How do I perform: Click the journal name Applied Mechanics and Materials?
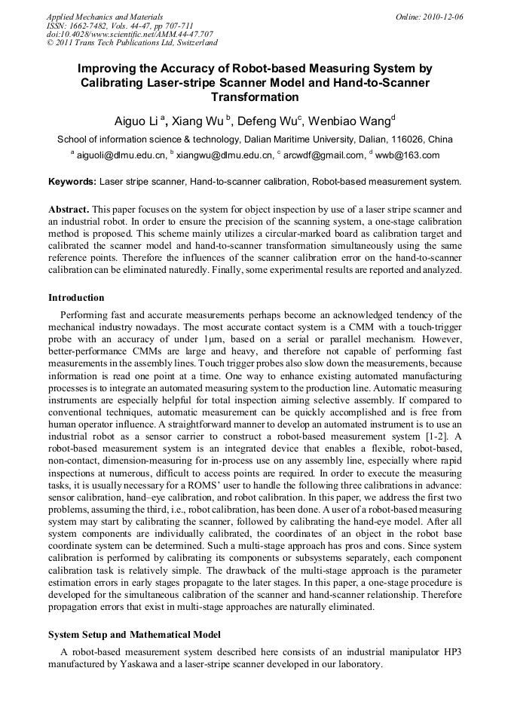[105, 16]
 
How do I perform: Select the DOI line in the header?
[130, 34]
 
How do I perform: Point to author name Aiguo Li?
[136, 121]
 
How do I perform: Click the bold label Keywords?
[72, 182]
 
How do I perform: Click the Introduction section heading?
[76, 298]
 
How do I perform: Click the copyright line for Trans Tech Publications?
[132, 43]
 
